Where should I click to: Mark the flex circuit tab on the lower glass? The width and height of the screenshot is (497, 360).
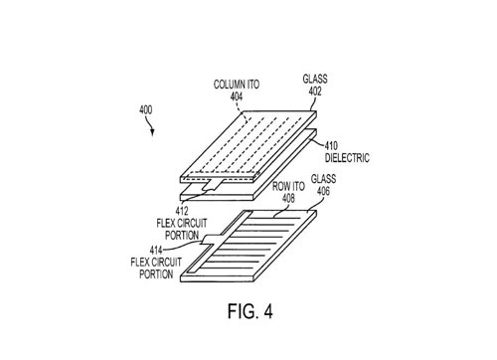pos(211,239)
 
